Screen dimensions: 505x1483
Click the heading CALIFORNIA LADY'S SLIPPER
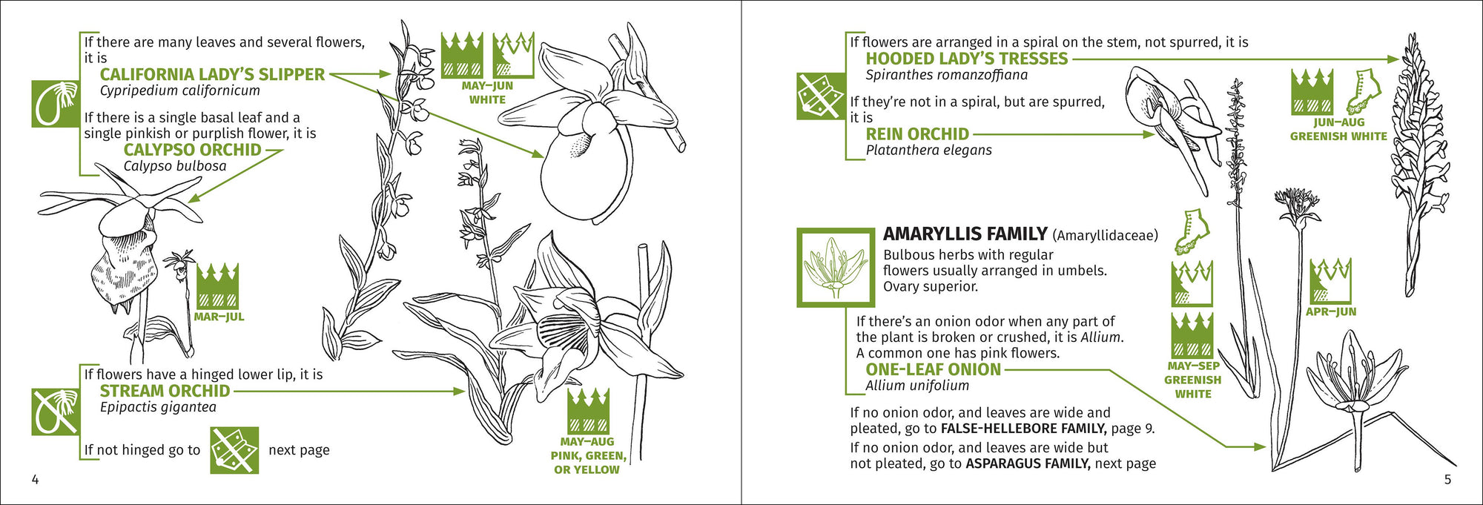pos(212,74)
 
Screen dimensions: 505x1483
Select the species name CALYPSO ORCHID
pos(192,150)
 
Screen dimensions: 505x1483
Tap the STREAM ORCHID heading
pos(165,391)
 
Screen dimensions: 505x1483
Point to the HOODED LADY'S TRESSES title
pos(966,59)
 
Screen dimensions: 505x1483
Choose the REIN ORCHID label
pos(917,134)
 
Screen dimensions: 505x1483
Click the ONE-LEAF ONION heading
pos(933,369)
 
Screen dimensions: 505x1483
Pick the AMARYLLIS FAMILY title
pos(965,234)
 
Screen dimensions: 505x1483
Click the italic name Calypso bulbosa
pos(175,166)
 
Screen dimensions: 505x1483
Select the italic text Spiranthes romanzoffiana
pos(946,75)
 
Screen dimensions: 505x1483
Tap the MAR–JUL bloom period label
pos(219,317)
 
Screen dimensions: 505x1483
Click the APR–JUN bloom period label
pos(1331,311)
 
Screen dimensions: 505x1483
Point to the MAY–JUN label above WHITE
pos(487,86)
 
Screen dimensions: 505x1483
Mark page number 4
pos(35,480)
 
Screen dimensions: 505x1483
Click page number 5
pos(1447,480)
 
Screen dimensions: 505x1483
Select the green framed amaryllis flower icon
pos(836,268)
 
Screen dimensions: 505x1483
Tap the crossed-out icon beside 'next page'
pos(234,450)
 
